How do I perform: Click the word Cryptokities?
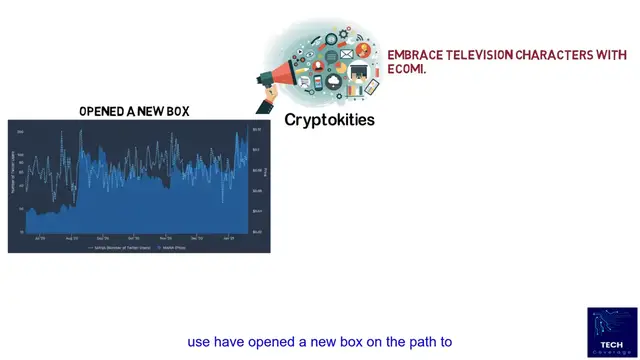(329, 119)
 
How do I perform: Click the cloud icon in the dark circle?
(332, 81)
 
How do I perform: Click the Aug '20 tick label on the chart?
(71, 239)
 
